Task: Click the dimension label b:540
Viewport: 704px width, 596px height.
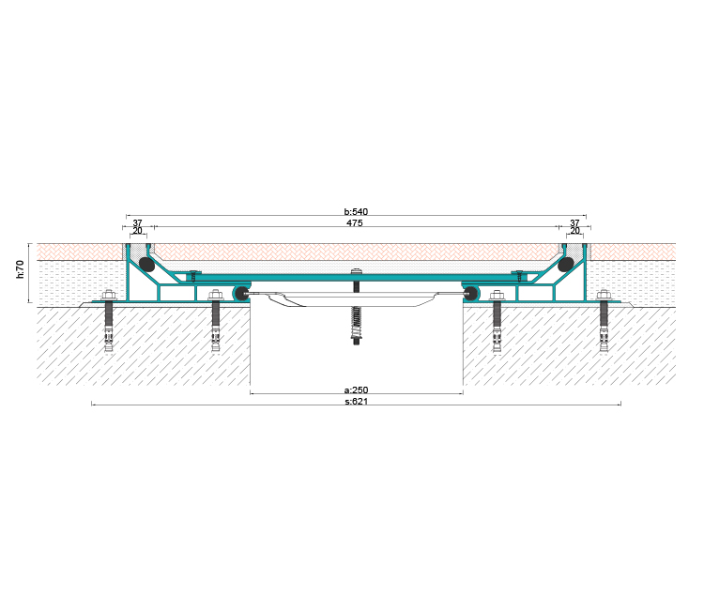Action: [356, 211]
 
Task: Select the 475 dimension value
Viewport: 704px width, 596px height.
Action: [355, 223]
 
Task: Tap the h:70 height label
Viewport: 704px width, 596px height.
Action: [21, 268]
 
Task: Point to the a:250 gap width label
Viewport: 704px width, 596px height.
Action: [356, 390]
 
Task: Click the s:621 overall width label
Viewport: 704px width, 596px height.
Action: [356, 401]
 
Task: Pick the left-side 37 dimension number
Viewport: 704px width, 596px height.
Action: [137, 223]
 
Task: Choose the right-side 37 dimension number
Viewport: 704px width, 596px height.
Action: [574, 223]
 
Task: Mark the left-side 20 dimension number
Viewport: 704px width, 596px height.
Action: [137, 231]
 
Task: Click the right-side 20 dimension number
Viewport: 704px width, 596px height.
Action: [574, 231]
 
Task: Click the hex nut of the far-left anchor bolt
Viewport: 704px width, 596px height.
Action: [109, 296]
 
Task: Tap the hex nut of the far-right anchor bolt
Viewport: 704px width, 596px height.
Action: [604, 296]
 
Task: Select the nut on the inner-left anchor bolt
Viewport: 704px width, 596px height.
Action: [216, 296]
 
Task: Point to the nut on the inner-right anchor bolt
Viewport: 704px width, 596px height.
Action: [497, 296]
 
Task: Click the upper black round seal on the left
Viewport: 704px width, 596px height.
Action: [146, 265]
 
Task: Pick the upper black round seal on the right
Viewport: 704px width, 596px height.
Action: [566, 265]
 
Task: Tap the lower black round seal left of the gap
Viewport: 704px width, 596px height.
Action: [242, 294]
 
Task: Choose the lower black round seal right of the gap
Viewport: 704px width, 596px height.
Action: [470, 294]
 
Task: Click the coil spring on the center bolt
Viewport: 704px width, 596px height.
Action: [356, 320]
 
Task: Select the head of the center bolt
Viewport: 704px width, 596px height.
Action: [356, 271]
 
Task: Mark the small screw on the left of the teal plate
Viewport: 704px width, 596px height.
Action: [193, 275]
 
